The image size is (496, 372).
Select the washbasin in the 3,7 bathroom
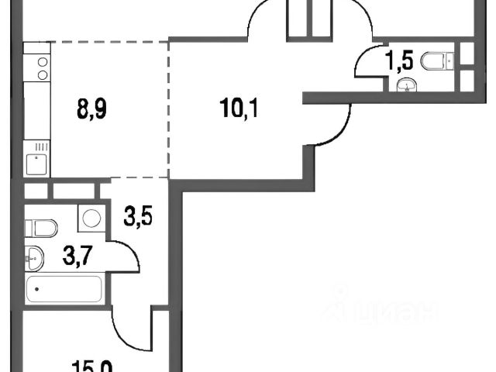pos(35,255)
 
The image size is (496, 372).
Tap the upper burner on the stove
pos(42,60)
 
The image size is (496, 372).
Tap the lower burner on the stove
pos(42,75)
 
